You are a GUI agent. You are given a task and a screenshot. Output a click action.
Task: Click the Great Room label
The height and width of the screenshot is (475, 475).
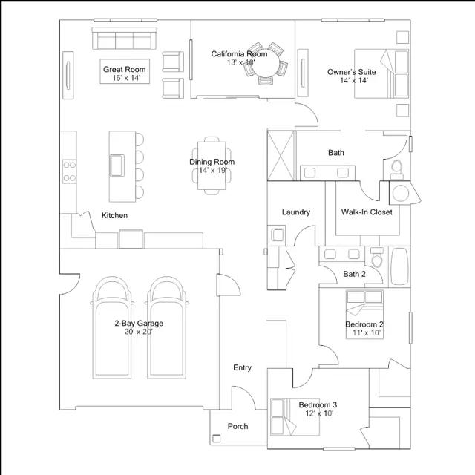click(x=125, y=69)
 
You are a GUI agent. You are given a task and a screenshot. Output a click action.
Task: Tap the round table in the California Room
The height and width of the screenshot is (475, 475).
click(x=266, y=64)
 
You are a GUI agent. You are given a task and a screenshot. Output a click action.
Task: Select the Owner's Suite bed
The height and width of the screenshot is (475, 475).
click(x=381, y=73)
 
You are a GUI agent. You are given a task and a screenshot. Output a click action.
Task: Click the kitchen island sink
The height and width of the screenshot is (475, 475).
click(x=117, y=166)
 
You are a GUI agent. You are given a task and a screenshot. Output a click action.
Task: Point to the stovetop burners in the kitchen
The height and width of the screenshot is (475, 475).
click(x=69, y=171)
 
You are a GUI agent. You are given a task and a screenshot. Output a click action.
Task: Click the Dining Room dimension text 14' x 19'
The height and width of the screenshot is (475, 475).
click(x=213, y=170)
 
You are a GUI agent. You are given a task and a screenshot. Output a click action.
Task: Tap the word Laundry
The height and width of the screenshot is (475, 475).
click(x=296, y=212)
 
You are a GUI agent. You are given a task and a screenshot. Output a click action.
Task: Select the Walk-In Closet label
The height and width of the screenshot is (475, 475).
click(x=367, y=212)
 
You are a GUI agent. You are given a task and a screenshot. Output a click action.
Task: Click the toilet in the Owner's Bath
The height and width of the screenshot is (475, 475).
click(x=396, y=170)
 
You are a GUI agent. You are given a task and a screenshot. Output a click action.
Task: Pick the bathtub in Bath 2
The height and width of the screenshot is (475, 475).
click(x=399, y=266)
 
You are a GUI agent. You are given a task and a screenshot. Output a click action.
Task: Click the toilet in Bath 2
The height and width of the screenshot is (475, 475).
click(x=377, y=258)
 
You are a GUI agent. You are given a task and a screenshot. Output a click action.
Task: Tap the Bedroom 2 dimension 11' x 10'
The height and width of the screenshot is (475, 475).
click(x=366, y=333)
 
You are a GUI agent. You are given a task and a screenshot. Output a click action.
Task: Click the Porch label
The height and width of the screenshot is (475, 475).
click(x=237, y=426)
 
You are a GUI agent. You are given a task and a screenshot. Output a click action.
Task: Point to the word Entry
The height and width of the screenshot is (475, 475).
click(x=243, y=368)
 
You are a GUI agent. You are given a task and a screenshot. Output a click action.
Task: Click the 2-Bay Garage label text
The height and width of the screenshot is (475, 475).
click(x=139, y=324)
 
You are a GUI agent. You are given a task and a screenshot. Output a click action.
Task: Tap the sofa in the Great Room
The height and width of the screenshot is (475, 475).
click(x=125, y=38)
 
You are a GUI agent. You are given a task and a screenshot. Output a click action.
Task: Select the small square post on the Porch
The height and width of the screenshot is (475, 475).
click(x=216, y=439)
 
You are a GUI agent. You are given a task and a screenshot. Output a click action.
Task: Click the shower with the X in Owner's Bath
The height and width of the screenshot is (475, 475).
click(x=281, y=155)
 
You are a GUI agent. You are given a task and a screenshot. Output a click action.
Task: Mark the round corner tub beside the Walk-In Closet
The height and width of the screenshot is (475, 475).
click(x=401, y=193)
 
